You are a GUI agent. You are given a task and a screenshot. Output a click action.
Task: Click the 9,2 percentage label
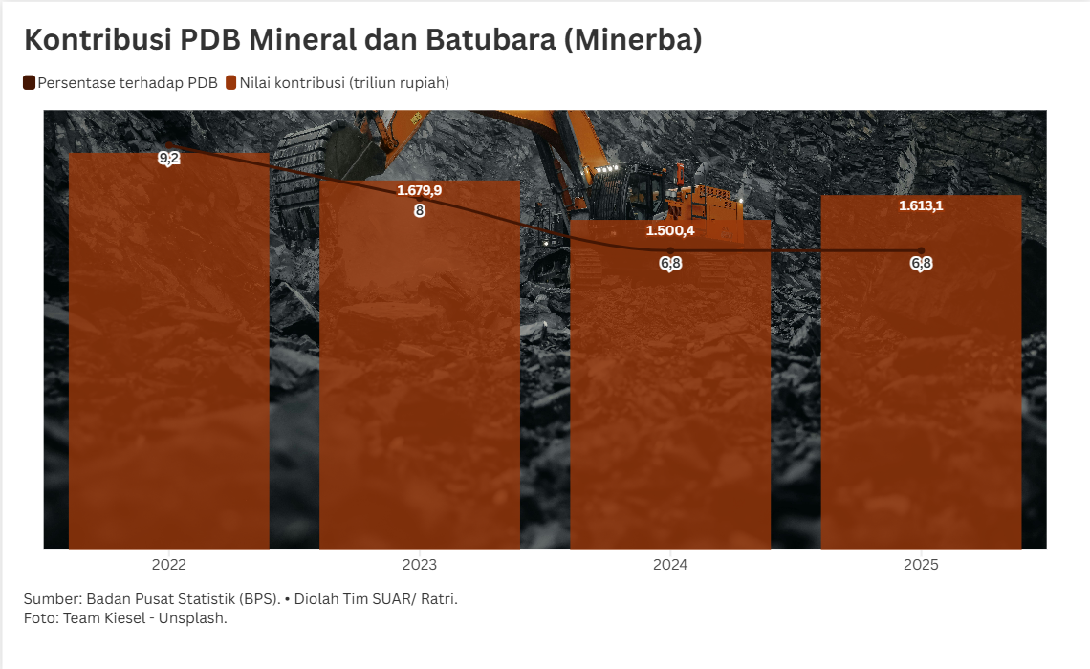[x=169, y=159]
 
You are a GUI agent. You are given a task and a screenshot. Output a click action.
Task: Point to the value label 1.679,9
[x=419, y=190]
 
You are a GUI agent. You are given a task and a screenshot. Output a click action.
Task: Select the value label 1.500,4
[x=670, y=230]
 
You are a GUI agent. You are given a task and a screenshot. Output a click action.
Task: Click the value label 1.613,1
[x=921, y=205]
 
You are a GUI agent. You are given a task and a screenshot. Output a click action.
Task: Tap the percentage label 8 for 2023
[x=419, y=210]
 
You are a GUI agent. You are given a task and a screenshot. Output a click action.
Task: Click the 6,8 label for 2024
[x=670, y=264]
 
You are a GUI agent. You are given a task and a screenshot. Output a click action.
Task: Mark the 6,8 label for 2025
[x=921, y=264]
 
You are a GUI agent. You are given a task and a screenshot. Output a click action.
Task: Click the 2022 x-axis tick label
[x=168, y=565]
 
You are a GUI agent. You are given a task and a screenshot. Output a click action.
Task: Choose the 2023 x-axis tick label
[x=419, y=565]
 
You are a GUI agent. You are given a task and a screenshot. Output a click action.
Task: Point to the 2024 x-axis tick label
[x=670, y=565]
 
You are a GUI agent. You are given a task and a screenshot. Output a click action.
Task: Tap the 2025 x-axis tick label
[x=921, y=565]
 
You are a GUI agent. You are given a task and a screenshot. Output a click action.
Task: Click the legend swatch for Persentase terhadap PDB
[x=29, y=83]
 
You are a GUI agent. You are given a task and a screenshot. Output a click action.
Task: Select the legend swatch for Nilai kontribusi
[x=230, y=83]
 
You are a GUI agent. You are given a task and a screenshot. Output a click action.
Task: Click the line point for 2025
[x=921, y=251]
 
